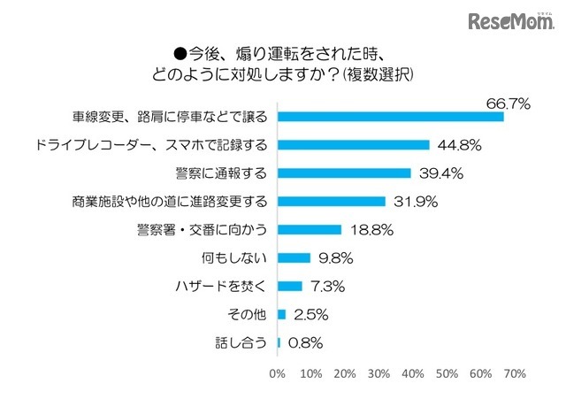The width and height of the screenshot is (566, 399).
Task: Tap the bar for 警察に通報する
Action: [344, 173]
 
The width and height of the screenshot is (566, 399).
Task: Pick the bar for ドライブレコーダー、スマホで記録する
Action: [353, 144]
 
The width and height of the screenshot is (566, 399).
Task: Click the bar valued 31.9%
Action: [331, 201]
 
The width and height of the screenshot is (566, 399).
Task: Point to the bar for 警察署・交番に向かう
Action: [309, 229]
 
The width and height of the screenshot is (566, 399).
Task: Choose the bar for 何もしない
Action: [294, 257]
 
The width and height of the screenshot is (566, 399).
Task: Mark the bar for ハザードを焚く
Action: [289, 286]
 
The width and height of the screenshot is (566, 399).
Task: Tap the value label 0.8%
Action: [301, 342]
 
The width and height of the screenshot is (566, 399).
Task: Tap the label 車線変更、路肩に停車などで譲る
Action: [175, 116]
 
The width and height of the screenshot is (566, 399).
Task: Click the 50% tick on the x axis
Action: [447, 372]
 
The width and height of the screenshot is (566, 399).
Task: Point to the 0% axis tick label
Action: [277, 372]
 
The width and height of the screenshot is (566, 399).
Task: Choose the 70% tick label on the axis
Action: [515, 372]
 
